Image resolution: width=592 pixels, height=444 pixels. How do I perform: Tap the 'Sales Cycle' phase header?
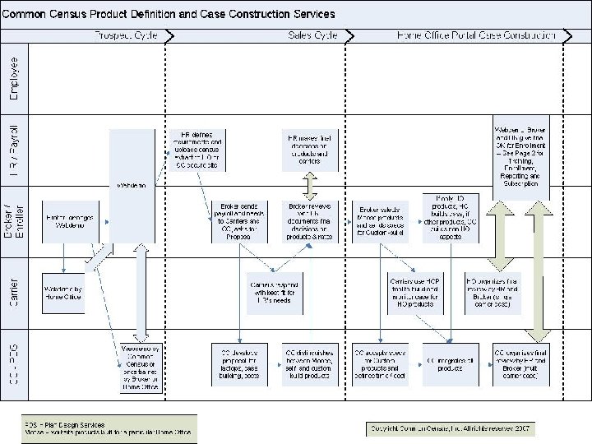click(x=312, y=35)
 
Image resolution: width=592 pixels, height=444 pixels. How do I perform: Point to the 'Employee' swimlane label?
click(x=14, y=78)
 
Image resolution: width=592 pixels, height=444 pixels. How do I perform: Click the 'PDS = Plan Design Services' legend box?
click(x=109, y=428)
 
